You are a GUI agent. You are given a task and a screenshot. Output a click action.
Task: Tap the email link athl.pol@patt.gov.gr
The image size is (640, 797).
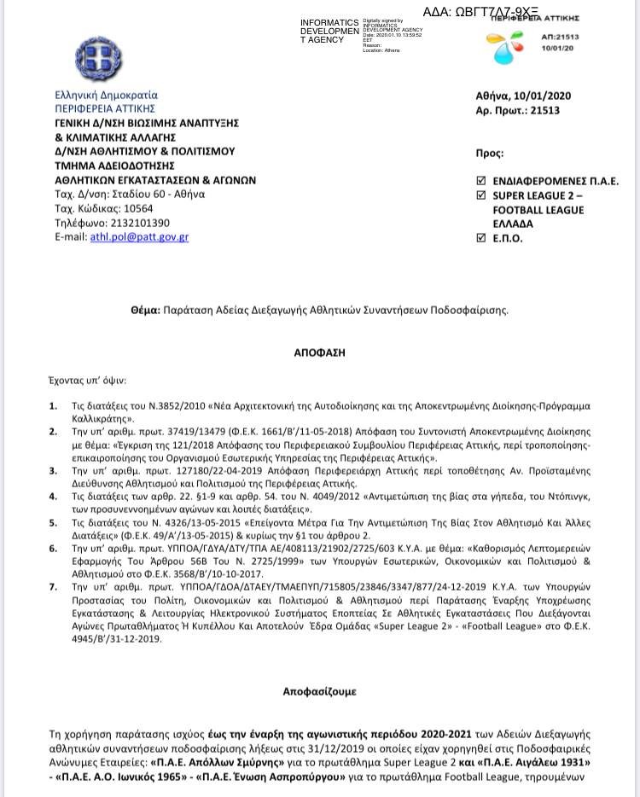pyautogui.click(x=139, y=236)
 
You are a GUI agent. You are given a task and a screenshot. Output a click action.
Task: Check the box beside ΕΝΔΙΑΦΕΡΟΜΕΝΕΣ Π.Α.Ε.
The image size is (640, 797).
pyautogui.click(x=481, y=181)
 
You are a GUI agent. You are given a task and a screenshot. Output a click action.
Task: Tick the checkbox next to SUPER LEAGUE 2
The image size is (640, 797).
pyautogui.click(x=481, y=195)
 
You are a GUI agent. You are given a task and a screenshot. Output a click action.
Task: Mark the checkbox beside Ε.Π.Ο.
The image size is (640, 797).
pyautogui.click(x=481, y=238)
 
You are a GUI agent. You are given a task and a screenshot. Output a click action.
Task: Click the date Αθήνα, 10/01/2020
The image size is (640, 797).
pyautogui.click(x=522, y=96)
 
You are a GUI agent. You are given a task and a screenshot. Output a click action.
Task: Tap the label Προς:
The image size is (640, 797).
pyautogui.click(x=489, y=153)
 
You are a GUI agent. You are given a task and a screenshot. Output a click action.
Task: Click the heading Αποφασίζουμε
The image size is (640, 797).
pyautogui.click(x=320, y=691)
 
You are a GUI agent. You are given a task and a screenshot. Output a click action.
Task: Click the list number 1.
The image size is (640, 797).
pyautogui.click(x=53, y=406)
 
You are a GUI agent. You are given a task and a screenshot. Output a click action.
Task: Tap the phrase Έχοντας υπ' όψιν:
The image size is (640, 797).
pyautogui.click(x=88, y=380)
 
